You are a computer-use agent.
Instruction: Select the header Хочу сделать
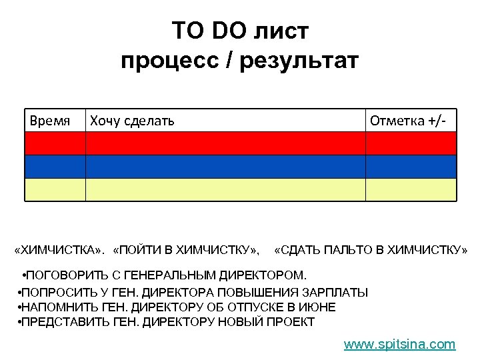[132, 121]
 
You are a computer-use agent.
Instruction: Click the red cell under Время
[55, 143]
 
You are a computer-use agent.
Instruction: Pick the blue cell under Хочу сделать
[225, 166]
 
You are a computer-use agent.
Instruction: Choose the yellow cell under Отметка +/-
[411, 189]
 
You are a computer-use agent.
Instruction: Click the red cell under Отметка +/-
[411, 143]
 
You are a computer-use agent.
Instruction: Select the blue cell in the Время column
[55, 166]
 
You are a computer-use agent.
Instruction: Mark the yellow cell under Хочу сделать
[225, 189]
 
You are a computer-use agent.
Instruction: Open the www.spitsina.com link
[399, 345]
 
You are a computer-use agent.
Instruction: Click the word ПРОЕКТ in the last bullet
[291, 322]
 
